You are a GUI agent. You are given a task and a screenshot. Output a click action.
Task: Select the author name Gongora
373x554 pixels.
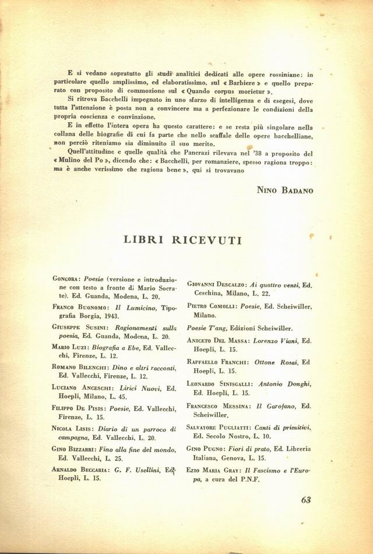click(64, 280)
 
